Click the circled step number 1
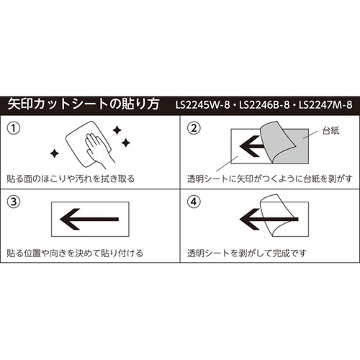[14, 128]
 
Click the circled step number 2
[192, 128]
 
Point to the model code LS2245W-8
[204, 104]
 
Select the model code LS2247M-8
[325, 104]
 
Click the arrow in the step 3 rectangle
[89, 219]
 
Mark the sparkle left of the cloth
[54, 153]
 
